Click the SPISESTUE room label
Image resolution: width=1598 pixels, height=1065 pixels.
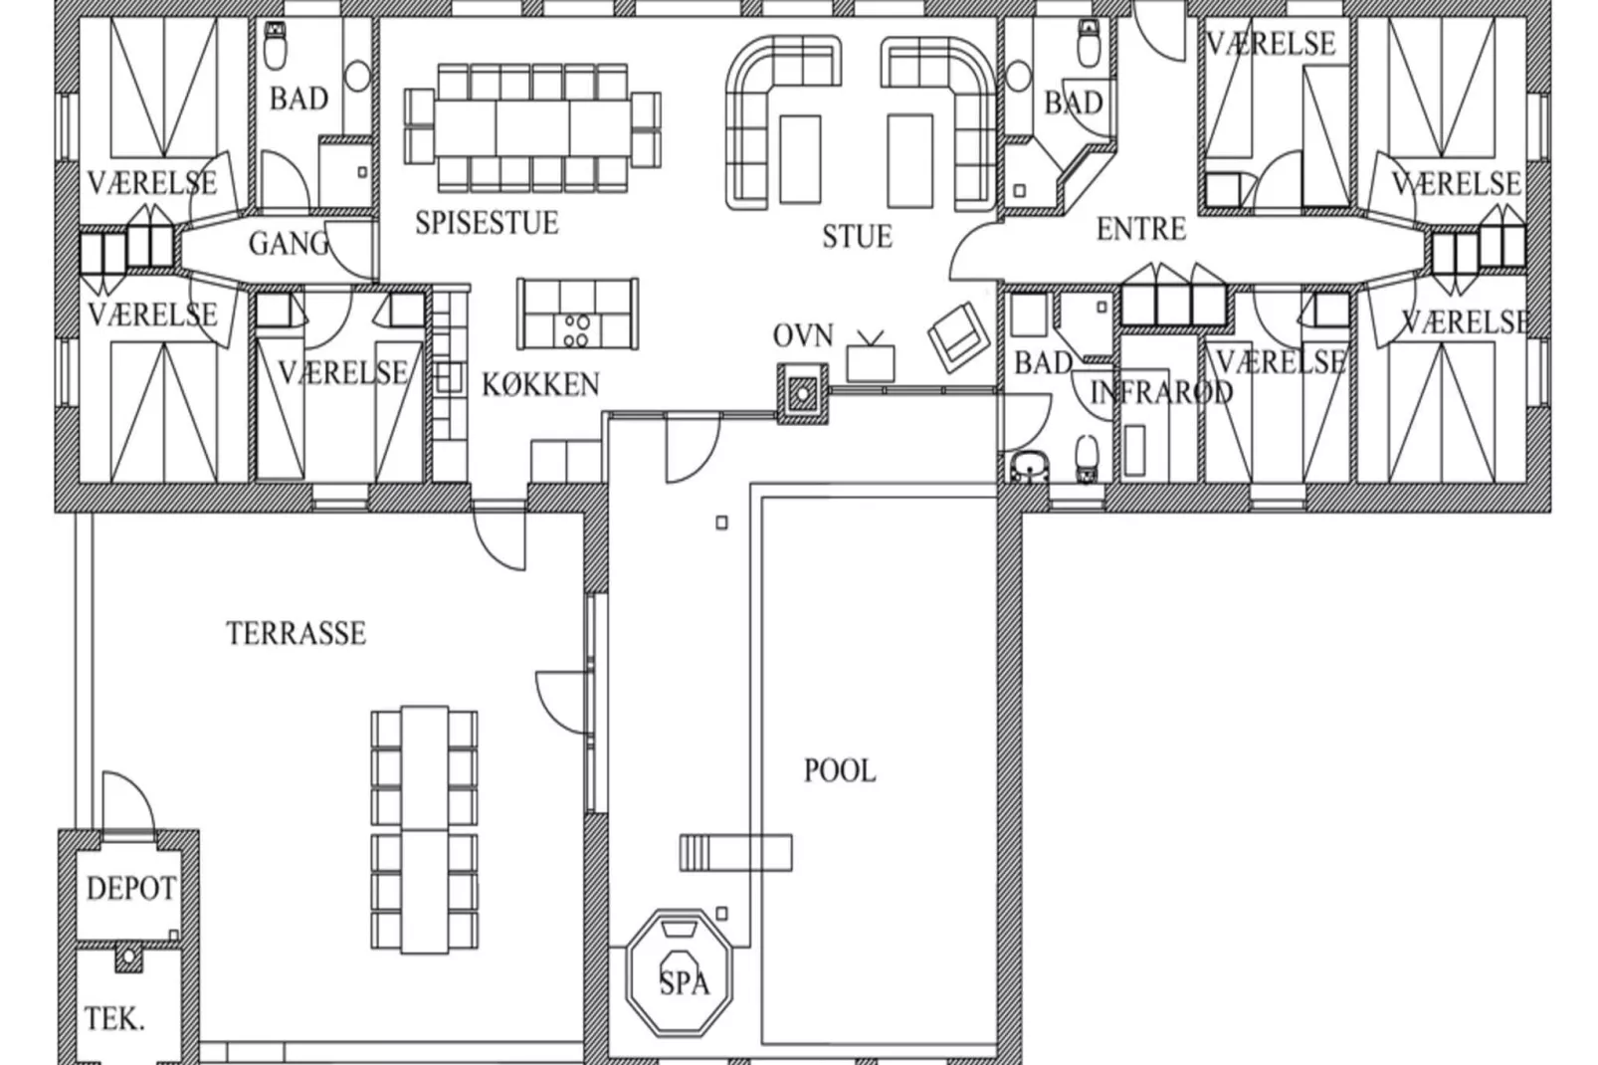tap(487, 223)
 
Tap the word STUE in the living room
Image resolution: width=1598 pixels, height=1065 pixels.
tap(857, 236)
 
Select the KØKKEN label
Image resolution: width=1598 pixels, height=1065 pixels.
tap(540, 385)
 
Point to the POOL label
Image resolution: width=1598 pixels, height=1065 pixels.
tap(840, 771)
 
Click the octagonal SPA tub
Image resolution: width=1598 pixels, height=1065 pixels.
tap(680, 972)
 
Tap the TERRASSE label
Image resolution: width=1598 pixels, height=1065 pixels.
tap(297, 633)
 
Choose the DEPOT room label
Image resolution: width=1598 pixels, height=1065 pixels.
tap(130, 889)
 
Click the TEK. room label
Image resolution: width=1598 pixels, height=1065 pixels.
tap(114, 1018)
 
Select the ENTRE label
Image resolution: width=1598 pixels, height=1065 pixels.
tap(1140, 229)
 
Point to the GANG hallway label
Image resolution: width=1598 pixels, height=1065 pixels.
tap(289, 244)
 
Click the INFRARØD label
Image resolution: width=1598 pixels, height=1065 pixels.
tap(1161, 392)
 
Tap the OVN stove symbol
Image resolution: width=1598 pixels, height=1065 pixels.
tap(803, 393)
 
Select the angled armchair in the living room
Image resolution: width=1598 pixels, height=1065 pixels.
tap(958, 336)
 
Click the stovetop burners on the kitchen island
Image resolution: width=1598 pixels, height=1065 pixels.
tap(576, 330)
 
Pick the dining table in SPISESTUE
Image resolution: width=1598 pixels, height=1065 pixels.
tap(532, 128)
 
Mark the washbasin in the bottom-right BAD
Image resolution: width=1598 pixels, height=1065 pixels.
tap(1030, 467)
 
